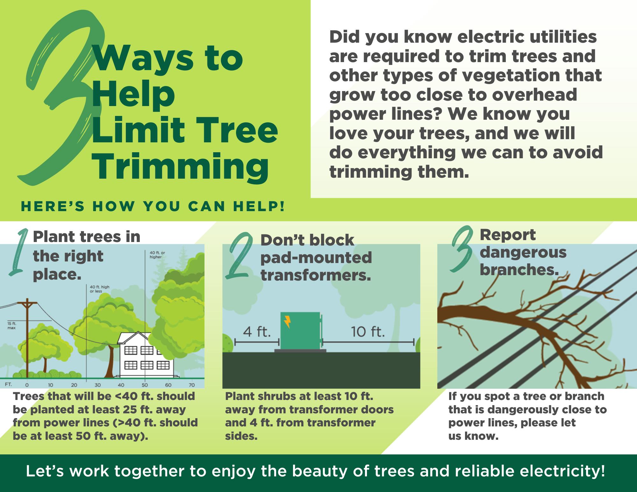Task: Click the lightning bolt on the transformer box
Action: [288, 322]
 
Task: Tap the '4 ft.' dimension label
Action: [257, 332]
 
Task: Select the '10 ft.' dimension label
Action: [368, 332]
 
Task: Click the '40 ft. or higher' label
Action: [157, 255]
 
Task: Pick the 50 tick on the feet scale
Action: [145, 385]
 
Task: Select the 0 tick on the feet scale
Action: [27, 385]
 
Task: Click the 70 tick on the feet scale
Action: [192, 385]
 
